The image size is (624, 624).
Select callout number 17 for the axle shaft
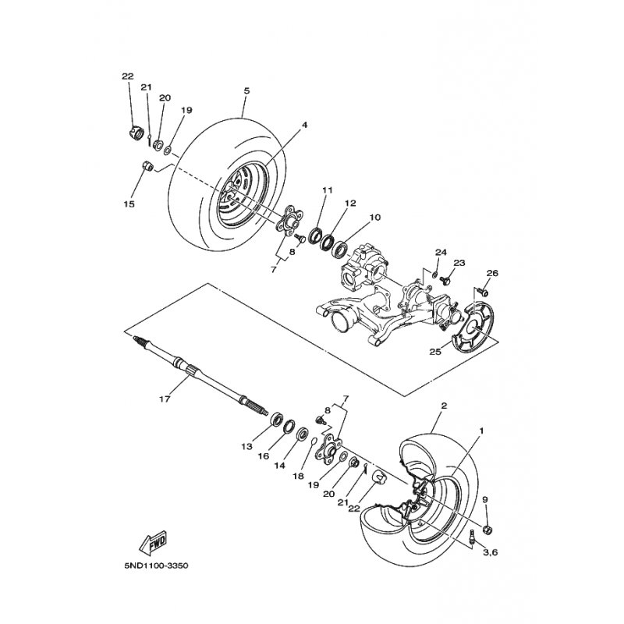[x=165, y=398]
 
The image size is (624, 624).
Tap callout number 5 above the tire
[x=246, y=90]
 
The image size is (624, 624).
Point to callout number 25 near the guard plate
[x=435, y=352]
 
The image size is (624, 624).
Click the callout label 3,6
[x=490, y=552]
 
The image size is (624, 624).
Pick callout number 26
[x=492, y=274]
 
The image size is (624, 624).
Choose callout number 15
[x=129, y=204]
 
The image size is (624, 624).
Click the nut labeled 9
[x=487, y=530]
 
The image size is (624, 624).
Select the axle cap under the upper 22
[x=136, y=133]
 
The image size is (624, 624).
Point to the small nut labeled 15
[x=147, y=165]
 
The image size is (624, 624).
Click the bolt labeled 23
[x=447, y=280]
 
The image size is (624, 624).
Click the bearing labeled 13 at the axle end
[x=276, y=420]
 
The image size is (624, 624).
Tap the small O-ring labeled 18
[x=314, y=441]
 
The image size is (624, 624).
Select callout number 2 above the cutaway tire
[x=444, y=406]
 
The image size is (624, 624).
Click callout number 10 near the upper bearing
[x=375, y=218]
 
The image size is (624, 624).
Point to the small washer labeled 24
[x=435, y=274]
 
